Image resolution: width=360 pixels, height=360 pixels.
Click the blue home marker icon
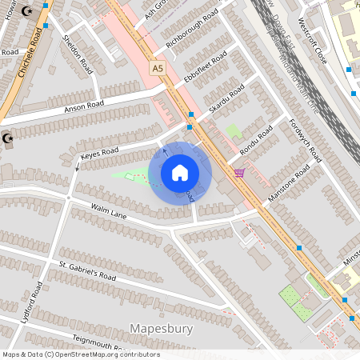180,173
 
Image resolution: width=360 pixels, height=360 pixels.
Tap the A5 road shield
157,70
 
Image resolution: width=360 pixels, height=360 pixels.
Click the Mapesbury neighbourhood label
161,328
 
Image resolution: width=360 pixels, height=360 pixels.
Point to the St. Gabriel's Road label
87,270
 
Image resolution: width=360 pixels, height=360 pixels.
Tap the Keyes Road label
100,152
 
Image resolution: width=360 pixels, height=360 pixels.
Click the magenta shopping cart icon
239,173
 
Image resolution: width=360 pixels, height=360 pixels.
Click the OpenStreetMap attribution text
80,354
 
